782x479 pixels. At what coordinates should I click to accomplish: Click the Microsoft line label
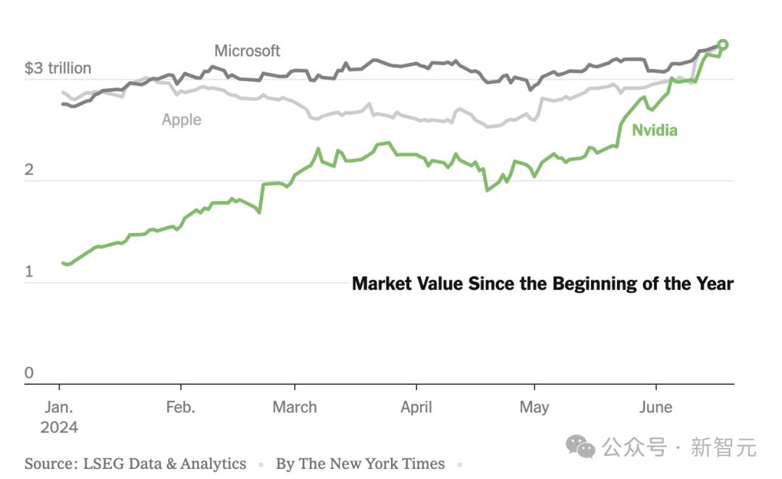click(247, 51)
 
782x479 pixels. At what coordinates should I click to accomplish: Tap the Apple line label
click(181, 119)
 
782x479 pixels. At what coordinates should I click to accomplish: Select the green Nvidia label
click(655, 130)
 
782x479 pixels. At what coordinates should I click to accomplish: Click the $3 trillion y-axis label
click(58, 68)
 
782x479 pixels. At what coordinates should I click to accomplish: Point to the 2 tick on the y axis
click(29, 170)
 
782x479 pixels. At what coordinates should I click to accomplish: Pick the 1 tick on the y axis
click(29, 272)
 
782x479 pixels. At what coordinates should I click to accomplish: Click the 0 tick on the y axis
click(29, 373)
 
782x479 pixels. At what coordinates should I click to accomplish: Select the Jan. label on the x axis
click(59, 407)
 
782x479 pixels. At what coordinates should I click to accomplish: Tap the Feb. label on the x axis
click(180, 407)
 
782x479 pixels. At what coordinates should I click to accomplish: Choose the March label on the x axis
click(295, 407)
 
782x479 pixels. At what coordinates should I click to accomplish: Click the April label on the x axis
click(416, 407)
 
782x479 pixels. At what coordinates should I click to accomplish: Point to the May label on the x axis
click(534, 407)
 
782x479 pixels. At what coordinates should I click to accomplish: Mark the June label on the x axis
click(655, 407)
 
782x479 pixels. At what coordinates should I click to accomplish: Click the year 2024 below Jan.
click(59, 427)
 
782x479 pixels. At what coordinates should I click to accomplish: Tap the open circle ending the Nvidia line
click(722, 45)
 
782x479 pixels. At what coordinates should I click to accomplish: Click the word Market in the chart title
click(382, 284)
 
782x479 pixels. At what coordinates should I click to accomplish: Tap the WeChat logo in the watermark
click(580, 446)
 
